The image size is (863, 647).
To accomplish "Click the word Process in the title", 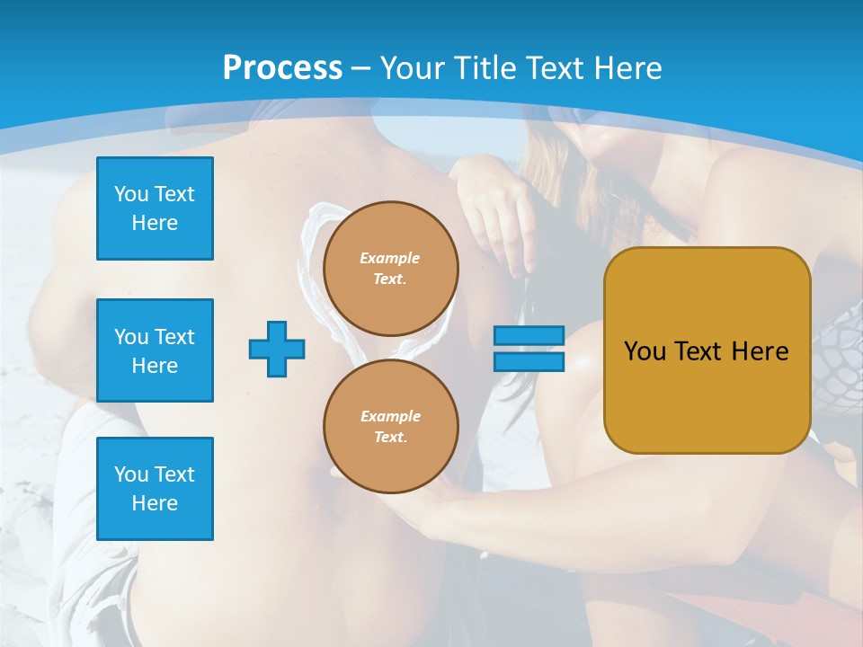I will pos(282,68).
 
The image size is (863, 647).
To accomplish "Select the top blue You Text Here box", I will pos(155,208).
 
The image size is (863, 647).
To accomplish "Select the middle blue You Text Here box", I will pos(155,350).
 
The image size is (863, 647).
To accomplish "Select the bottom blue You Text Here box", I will pos(155,489).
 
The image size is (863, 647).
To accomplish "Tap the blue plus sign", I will pos(277,349).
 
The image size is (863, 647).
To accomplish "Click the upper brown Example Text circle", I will pos(390,268).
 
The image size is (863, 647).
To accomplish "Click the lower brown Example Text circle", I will pos(390,426).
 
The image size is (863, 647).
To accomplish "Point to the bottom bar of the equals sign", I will pos(529,361).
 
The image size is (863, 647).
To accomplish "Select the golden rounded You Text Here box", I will pos(707,350).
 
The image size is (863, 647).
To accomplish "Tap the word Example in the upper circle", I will pos(390,258).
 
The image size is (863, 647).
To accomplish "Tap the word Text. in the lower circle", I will pos(390,438).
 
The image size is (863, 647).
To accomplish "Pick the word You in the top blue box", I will pos(131,194).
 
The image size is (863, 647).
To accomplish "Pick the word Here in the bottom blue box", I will pos(155,503).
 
